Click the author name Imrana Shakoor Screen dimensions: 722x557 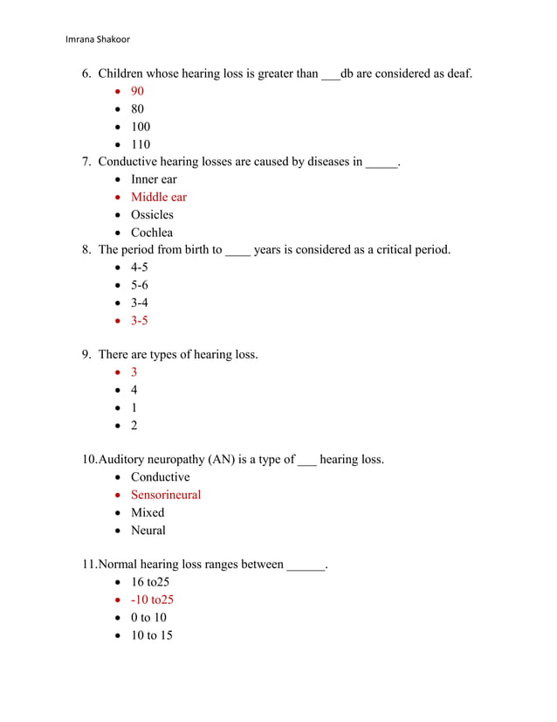(x=98, y=38)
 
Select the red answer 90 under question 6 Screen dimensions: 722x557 (x=138, y=92)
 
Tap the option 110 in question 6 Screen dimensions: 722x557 (x=141, y=144)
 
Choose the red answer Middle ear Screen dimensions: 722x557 (x=159, y=198)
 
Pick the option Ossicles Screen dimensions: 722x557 (x=152, y=215)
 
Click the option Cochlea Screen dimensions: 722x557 (x=152, y=233)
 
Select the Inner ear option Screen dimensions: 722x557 (x=154, y=180)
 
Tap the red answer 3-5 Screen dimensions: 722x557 (x=140, y=321)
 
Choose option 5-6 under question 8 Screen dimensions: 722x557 (x=140, y=285)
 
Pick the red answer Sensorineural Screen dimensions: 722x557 (x=166, y=496)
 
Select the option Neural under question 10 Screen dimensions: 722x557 (x=148, y=531)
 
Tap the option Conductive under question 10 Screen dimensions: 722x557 (x=160, y=477)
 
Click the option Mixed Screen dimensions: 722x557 (x=148, y=513)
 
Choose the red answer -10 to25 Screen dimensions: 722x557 (x=152, y=601)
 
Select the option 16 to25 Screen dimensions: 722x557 (x=150, y=582)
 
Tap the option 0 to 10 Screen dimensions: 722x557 (x=148, y=618)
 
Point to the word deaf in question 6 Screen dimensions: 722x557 (x=458, y=74)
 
